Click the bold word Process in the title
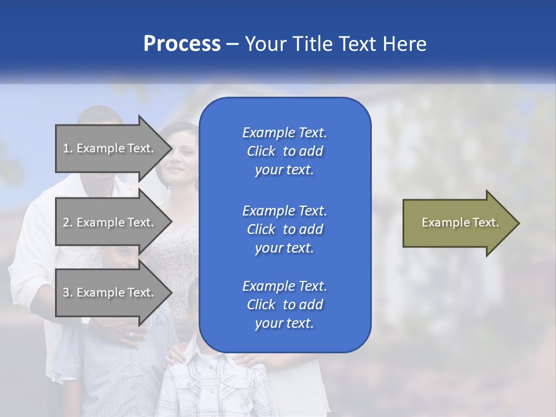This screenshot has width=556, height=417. [182, 44]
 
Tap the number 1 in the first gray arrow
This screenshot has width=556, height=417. [66, 148]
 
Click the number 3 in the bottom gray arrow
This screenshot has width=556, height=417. [66, 292]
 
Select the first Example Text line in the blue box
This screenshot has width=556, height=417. [284, 133]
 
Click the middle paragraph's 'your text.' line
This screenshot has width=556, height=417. [284, 248]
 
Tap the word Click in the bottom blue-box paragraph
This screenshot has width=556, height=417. [261, 305]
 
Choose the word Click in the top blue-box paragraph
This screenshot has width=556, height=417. [261, 151]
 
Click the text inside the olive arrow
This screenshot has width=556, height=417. [460, 222]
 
